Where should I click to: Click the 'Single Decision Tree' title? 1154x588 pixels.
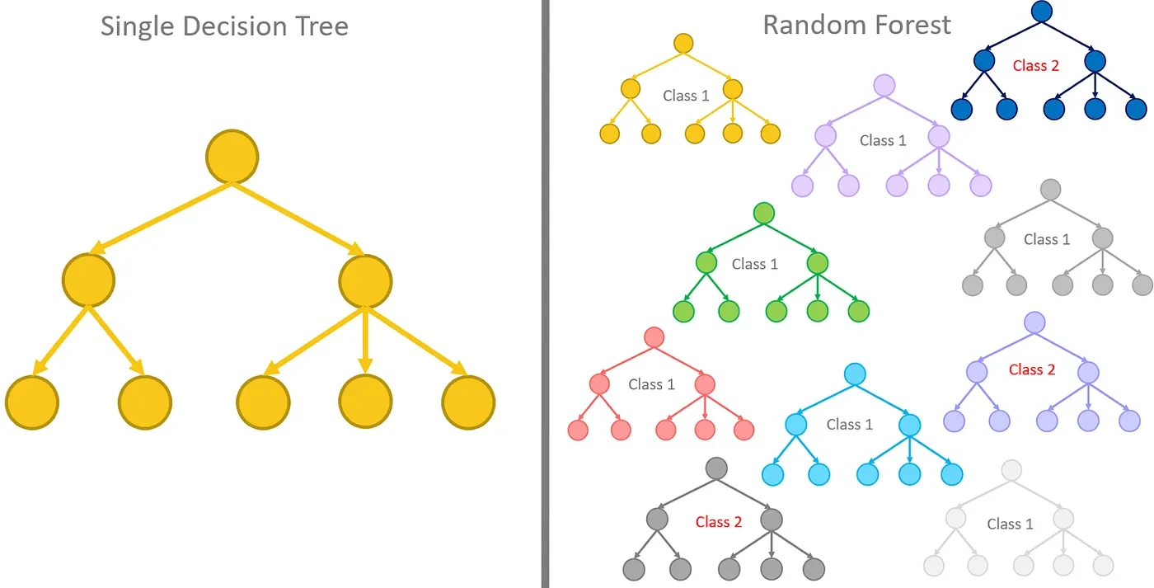click(x=224, y=26)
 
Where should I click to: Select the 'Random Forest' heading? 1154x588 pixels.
click(x=856, y=25)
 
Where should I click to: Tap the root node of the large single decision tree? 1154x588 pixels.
click(x=232, y=156)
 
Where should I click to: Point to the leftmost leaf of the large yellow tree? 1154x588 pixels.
click(x=32, y=402)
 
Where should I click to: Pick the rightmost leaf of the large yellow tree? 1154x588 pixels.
click(x=468, y=402)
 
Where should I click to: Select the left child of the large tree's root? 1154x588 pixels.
click(x=88, y=280)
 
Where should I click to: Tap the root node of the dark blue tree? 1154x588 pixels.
click(x=1042, y=11)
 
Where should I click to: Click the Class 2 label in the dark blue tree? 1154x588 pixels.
click(x=1035, y=65)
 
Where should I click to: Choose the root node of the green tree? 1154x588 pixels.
click(x=764, y=213)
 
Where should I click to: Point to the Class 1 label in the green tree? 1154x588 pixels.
click(x=754, y=264)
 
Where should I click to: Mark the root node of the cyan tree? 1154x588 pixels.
click(x=855, y=374)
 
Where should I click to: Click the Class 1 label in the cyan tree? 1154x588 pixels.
click(x=849, y=424)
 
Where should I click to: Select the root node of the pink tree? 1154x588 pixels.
click(x=654, y=336)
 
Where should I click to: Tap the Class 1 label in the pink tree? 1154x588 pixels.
click(x=651, y=384)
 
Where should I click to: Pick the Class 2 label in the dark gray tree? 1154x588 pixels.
click(x=718, y=522)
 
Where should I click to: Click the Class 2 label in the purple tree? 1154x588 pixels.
click(x=1031, y=369)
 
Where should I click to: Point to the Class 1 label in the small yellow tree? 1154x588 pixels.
click(x=686, y=96)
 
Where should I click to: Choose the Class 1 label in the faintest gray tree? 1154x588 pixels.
click(x=1010, y=524)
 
